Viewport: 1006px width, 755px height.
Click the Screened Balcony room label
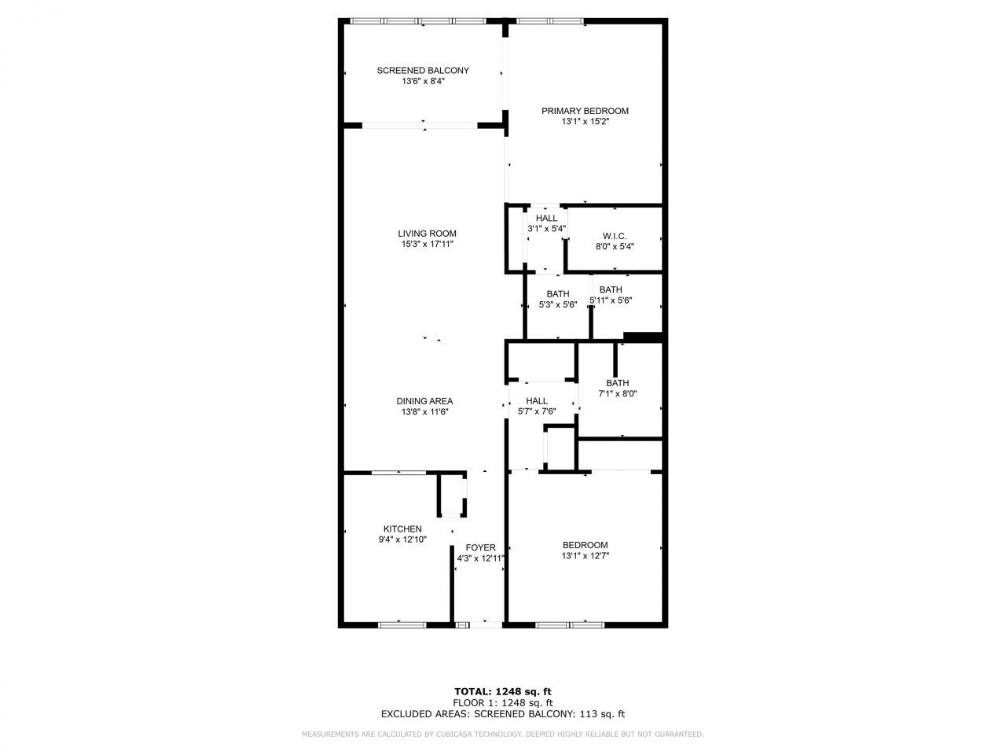point(423,70)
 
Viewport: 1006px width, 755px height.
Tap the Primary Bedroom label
point(585,111)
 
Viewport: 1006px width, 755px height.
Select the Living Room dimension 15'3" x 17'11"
point(427,245)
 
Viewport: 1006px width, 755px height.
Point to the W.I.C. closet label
point(615,235)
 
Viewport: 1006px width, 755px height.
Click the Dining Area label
point(424,401)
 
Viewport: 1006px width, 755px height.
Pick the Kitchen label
point(402,529)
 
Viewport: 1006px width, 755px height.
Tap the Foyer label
point(480,548)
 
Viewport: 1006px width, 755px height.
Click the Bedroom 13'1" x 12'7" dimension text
point(586,556)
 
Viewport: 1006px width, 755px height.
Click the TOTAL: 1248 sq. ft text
point(502,691)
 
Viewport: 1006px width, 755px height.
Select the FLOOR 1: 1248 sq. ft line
point(502,703)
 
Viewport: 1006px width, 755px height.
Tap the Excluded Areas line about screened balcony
point(502,715)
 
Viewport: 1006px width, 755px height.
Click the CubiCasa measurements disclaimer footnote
point(502,735)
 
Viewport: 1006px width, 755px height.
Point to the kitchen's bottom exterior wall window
point(402,624)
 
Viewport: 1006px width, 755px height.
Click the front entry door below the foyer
point(479,624)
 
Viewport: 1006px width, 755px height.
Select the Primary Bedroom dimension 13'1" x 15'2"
point(585,122)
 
